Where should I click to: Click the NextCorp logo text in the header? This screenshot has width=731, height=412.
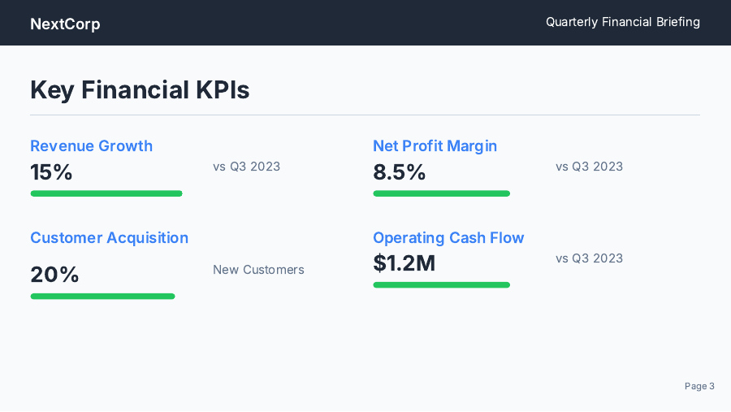(x=65, y=24)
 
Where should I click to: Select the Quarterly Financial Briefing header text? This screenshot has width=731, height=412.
(x=622, y=22)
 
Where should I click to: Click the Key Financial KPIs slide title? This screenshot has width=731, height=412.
(x=140, y=89)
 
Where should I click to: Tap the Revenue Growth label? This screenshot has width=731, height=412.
(x=91, y=145)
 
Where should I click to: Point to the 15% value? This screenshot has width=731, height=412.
(x=51, y=172)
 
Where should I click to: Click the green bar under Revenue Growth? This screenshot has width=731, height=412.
(x=106, y=193)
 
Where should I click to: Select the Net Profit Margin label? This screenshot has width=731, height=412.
(x=435, y=145)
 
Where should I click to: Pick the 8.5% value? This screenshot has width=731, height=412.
(x=399, y=172)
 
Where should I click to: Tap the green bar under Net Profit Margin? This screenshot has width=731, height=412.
(x=441, y=193)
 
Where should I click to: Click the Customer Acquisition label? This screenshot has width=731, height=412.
(x=109, y=237)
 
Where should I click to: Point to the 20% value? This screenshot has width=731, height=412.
(x=54, y=275)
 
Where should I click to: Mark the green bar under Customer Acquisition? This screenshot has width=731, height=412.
(x=102, y=296)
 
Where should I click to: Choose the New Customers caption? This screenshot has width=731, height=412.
(x=258, y=270)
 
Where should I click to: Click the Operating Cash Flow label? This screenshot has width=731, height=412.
(x=448, y=237)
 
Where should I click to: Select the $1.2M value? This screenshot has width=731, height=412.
(x=404, y=263)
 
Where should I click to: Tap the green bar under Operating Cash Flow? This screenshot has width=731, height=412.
(x=441, y=284)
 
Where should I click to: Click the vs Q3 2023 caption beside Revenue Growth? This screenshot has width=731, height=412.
(x=246, y=167)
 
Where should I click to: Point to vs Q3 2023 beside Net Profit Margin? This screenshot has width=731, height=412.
(x=589, y=167)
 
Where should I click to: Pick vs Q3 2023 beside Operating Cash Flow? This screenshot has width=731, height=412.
(x=589, y=258)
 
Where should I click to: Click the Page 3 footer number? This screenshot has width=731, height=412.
(x=699, y=386)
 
